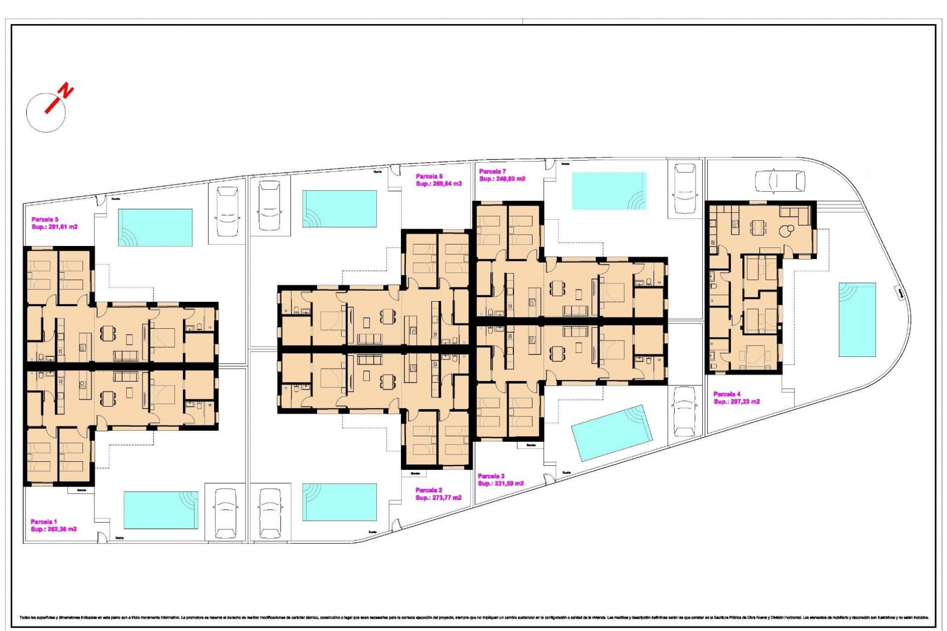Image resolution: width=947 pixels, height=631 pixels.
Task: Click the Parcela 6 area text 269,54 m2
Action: [439, 184]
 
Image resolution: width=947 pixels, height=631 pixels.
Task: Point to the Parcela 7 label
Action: [492, 172]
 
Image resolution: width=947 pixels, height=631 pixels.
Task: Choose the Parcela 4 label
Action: [727, 394]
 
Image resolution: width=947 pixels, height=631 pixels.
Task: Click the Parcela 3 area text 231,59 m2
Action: [501, 484]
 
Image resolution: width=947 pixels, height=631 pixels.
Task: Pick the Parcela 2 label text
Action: [429, 490]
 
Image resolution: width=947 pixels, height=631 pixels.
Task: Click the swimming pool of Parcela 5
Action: [155, 227]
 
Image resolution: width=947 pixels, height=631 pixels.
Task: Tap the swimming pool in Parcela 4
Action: [857, 319]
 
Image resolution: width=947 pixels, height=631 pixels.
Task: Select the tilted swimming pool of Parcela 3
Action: [612, 433]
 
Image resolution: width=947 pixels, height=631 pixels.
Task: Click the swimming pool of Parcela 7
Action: [609, 191]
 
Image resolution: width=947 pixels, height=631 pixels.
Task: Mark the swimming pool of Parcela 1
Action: [161, 510]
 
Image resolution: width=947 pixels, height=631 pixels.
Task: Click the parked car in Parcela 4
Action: [780, 181]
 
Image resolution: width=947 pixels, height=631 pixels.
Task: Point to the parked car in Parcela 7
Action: [685, 189]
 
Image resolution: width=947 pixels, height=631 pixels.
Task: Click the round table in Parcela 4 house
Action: [789, 229]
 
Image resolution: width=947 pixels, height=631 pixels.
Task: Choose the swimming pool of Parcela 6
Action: [339, 209]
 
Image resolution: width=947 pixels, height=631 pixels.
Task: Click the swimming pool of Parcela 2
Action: [339, 502]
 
